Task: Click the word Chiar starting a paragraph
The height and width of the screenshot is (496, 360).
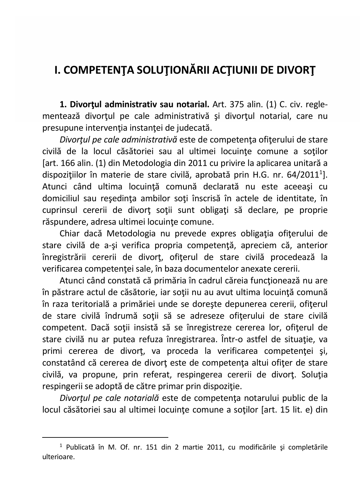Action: (x=69, y=234)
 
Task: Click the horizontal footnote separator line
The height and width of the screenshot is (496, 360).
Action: (x=105, y=437)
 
